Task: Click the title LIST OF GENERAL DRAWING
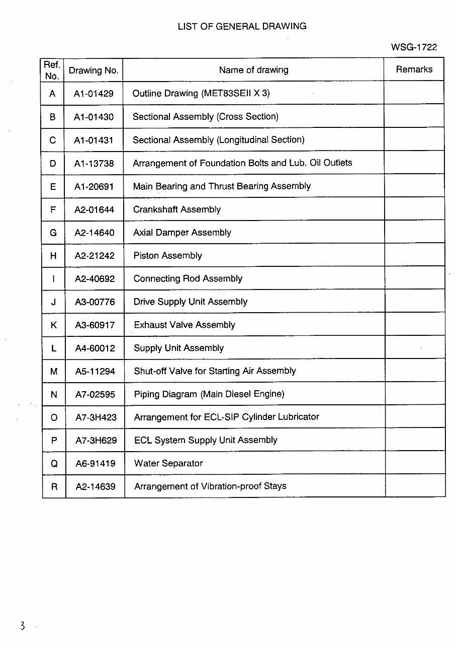[242, 26]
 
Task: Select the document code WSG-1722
[414, 47]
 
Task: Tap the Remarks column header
[414, 69]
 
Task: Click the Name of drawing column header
[253, 70]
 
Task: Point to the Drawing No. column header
[94, 70]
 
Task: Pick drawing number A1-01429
[94, 94]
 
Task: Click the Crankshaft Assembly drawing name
[176, 209]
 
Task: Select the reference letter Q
[54, 464]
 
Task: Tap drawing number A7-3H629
[96, 441]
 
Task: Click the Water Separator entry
[168, 463]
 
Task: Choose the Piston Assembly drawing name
[167, 256]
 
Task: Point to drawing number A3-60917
[95, 325]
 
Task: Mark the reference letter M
[54, 372]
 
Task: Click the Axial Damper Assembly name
[182, 233]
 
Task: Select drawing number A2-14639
[95, 487]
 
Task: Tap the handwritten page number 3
[22, 626]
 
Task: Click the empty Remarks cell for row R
[415, 486]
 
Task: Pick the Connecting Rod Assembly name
[188, 279]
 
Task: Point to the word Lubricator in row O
[296, 417]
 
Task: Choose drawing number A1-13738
[94, 163]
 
